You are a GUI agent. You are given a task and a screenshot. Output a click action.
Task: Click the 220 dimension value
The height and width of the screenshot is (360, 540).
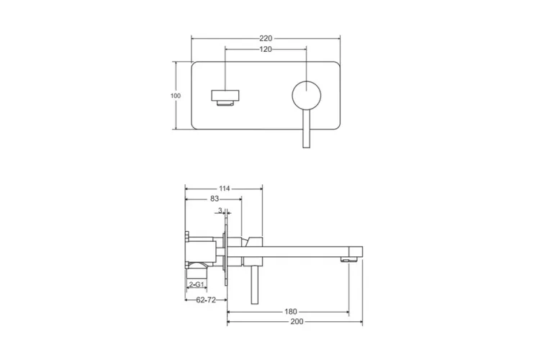[x=266, y=39]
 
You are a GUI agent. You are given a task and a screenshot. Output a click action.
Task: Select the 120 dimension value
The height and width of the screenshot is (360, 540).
[x=266, y=49]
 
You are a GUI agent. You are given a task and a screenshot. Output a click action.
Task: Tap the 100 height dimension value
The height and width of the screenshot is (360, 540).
[x=176, y=96]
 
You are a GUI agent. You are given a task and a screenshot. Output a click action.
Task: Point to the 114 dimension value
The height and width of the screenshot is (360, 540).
[x=224, y=189]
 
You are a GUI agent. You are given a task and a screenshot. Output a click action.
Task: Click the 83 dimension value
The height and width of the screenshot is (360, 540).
[x=215, y=199]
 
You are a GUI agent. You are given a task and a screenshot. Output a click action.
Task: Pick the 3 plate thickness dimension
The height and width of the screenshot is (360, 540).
[x=220, y=210]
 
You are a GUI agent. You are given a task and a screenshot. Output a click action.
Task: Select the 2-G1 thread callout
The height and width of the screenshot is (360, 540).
[x=197, y=284]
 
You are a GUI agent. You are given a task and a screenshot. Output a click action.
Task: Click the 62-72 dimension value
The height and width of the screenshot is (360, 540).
[x=206, y=300]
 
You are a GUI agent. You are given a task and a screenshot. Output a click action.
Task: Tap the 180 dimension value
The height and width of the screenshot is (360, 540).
[x=291, y=312]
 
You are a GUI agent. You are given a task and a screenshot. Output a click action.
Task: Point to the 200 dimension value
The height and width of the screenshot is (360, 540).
[x=297, y=322]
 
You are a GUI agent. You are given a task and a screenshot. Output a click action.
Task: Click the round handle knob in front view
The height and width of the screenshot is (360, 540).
[x=307, y=96]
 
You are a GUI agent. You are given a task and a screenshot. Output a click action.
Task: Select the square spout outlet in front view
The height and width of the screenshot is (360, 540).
[x=225, y=98]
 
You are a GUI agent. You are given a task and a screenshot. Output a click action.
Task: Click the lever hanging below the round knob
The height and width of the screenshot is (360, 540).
[x=307, y=129]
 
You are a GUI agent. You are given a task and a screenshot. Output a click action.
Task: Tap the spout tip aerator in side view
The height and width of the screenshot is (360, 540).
[x=348, y=259]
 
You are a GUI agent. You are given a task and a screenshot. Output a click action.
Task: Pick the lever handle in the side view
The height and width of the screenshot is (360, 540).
[x=254, y=285]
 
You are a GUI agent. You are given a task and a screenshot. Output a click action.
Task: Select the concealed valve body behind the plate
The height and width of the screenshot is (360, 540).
[x=202, y=252]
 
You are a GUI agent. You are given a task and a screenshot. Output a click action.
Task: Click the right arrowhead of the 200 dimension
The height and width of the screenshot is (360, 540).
[x=361, y=322]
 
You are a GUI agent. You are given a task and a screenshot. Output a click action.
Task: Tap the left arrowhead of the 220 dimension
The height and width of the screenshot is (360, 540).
[x=193, y=39]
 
